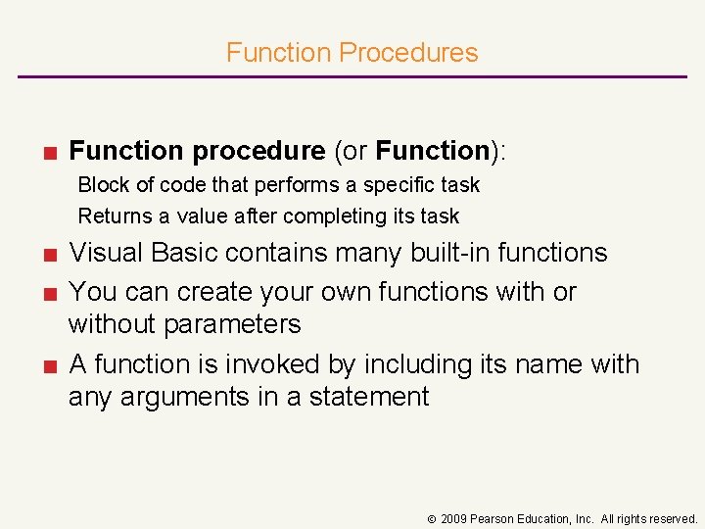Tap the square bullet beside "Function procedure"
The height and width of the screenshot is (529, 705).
point(47,152)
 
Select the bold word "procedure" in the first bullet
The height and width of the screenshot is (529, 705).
point(258,151)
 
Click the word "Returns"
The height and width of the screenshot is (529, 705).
point(110,216)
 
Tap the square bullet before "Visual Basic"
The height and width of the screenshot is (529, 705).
point(47,254)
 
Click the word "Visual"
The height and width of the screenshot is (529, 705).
point(107,253)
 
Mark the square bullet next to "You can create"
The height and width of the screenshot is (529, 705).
point(47,293)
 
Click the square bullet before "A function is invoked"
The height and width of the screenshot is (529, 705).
point(47,365)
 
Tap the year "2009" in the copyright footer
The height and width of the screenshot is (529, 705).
point(454,518)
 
